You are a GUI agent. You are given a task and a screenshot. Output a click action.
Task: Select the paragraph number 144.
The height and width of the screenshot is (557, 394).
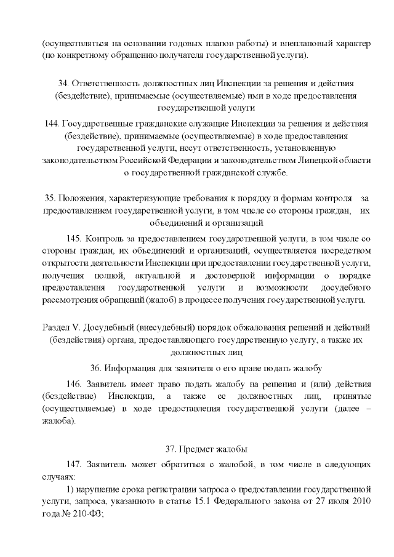53,124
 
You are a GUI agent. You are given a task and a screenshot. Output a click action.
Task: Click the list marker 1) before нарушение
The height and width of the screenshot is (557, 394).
70,490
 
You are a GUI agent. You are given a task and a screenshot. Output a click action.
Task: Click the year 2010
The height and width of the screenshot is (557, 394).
360,502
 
